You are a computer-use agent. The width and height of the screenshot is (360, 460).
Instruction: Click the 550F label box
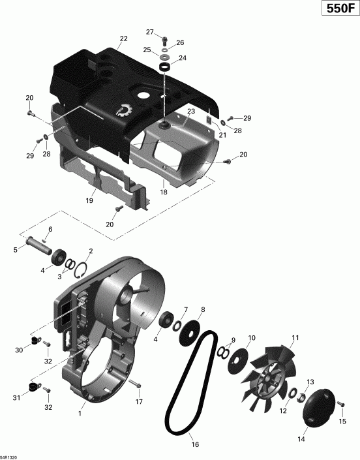338,11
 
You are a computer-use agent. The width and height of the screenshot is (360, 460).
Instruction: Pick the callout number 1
80,413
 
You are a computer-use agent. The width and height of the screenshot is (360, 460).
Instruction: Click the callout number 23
191,112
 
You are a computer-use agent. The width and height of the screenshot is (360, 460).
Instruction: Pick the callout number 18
164,192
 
